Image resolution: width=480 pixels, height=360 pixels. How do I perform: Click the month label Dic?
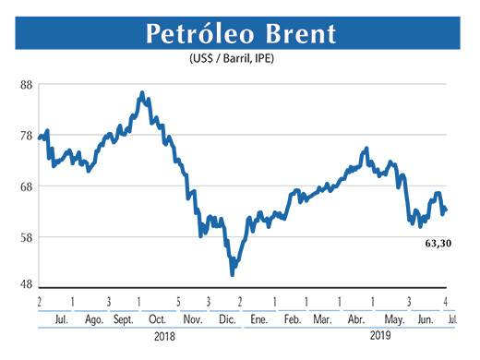click(x=225, y=318)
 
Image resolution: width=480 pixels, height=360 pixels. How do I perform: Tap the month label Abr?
click(x=355, y=318)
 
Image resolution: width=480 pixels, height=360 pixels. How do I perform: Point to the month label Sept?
click(x=125, y=318)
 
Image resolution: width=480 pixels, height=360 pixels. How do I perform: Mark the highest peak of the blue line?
click(x=140, y=93)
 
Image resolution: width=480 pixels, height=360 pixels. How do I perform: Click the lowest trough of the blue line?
click(x=233, y=274)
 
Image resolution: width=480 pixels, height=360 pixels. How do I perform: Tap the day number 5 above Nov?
click(x=177, y=302)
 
